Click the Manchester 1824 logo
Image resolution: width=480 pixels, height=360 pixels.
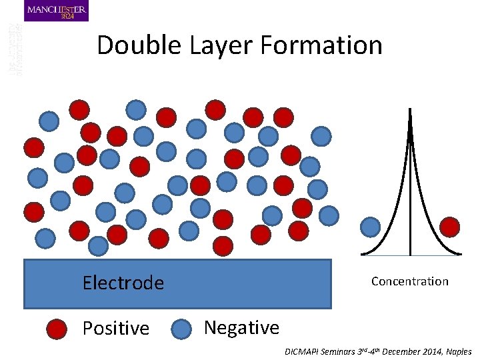(x=56, y=11)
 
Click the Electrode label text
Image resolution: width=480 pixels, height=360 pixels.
(x=123, y=283)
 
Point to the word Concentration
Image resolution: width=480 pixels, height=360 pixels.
(x=410, y=281)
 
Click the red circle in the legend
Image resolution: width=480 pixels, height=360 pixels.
(x=57, y=329)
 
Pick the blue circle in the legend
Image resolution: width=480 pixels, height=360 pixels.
(x=183, y=329)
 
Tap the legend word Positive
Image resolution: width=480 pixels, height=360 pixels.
(x=116, y=329)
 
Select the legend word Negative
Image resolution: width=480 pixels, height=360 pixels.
(x=241, y=328)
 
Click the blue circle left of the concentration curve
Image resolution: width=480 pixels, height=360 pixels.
(x=371, y=227)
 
